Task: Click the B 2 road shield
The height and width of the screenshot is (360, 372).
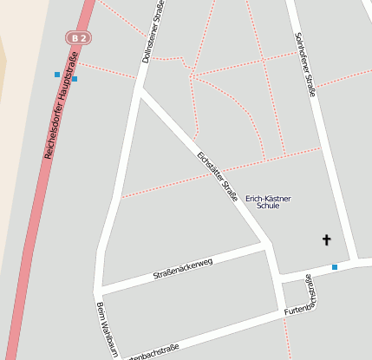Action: click(79, 38)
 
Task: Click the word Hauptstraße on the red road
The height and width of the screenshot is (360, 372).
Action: click(70, 70)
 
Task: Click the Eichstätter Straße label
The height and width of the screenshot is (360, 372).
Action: click(218, 177)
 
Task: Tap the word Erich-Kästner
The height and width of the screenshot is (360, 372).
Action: click(269, 199)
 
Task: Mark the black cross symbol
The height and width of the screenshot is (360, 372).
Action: click(327, 239)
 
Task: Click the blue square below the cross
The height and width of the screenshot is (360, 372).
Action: click(335, 267)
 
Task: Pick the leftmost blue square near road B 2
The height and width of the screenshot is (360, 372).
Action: click(57, 75)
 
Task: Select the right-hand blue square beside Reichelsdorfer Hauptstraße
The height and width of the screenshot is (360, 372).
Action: click(75, 79)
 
